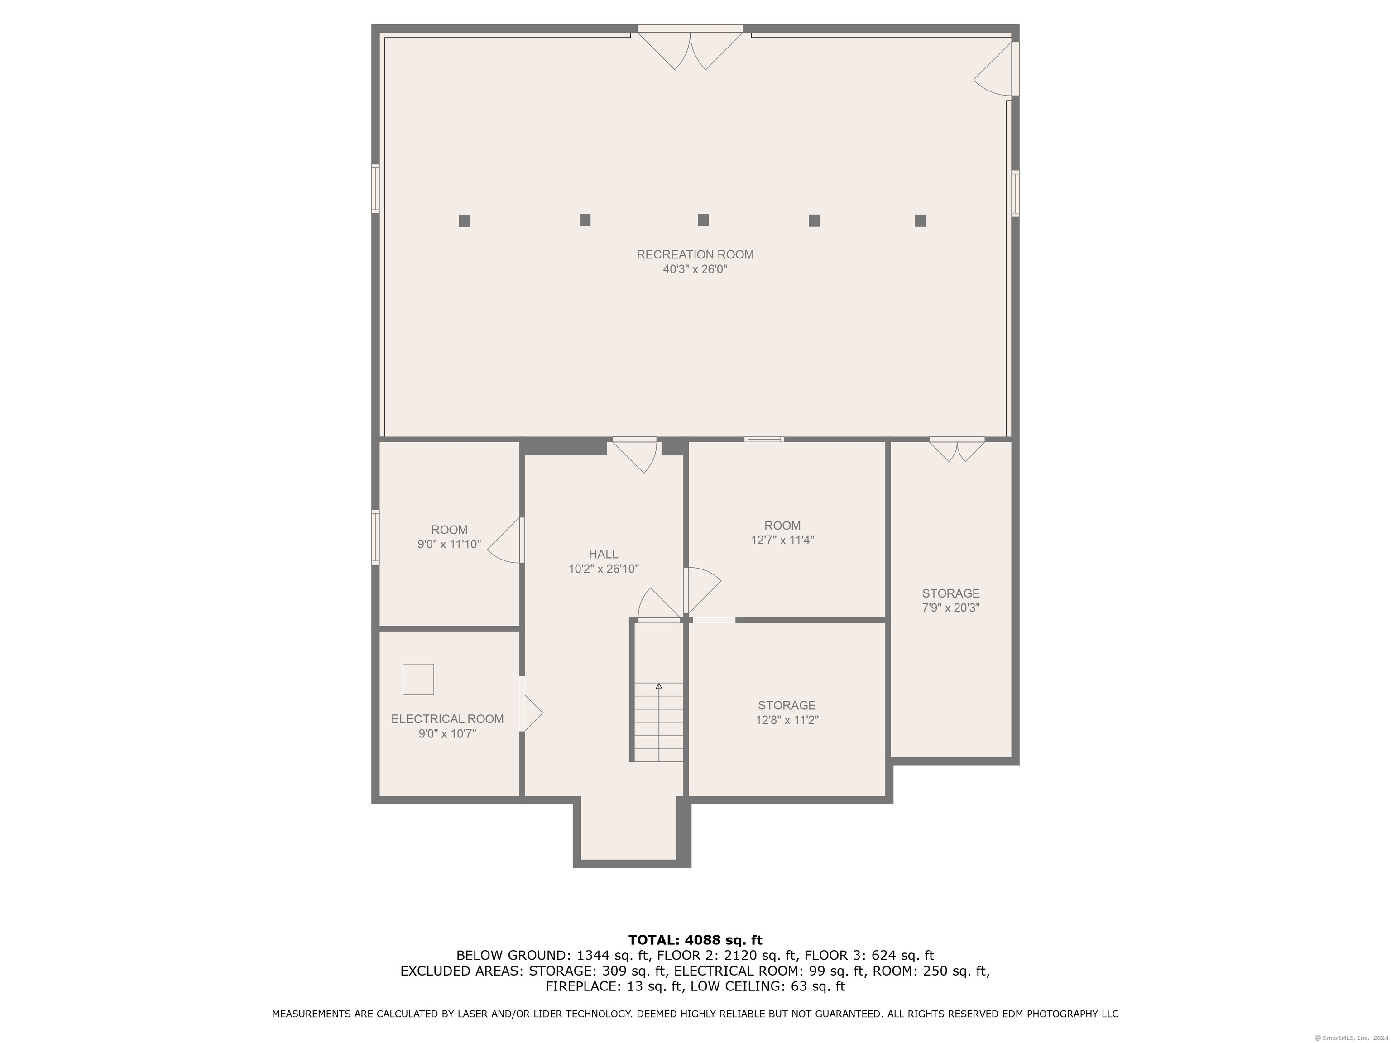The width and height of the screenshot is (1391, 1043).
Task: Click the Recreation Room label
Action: point(695,254)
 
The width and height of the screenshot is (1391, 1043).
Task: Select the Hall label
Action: point(603,554)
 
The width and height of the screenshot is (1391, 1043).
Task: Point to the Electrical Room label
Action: point(447,718)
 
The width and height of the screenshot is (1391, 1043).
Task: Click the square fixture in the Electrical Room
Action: point(418,679)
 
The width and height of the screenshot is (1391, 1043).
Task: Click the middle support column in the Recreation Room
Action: point(703,220)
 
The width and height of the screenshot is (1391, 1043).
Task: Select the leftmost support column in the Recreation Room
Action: point(464,220)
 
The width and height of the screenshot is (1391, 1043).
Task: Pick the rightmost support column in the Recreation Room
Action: point(920,220)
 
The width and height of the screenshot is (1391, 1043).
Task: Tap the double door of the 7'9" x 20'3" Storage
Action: point(957,450)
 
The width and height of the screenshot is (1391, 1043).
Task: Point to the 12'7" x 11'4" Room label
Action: point(782,526)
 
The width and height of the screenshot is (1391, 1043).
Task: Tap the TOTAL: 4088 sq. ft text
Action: point(695,940)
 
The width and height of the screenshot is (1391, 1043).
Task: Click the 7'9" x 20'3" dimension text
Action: point(951,608)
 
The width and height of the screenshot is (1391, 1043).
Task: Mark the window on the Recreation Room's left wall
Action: point(375,189)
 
